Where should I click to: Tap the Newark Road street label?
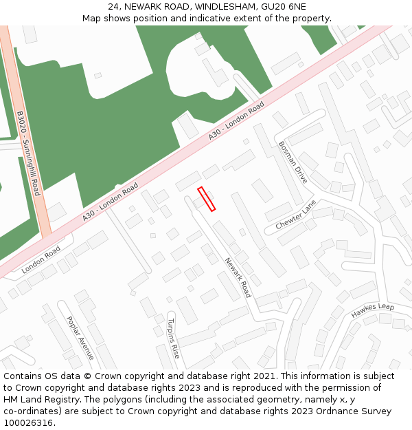point(238,277)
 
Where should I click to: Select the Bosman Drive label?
point(293,162)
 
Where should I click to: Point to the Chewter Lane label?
point(296,215)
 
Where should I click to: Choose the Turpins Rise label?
point(174,337)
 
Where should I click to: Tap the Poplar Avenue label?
point(80,338)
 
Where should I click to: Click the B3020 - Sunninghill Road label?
point(29,153)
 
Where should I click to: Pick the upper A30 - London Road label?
point(236,122)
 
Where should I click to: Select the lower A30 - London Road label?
point(110,202)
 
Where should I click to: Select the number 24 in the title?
point(113,7)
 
